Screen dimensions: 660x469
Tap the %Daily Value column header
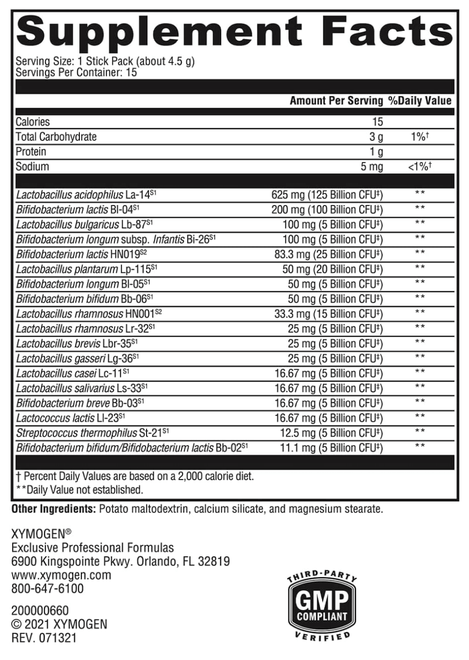click(x=420, y=101)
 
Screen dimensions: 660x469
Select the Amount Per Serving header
click(x=336, y=101)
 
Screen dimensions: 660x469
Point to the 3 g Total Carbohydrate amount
click(x=376, y=137)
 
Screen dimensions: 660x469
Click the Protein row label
click(x=31, y=152)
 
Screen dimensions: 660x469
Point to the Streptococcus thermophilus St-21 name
click(x=92, y=433)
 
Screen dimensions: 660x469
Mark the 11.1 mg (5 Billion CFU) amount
click(x=331, y=448)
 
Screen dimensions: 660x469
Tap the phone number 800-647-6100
click(x=47, y=589)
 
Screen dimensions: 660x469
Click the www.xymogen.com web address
click(x=61, y=575)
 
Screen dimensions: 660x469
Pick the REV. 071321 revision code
click(x=44, y=638)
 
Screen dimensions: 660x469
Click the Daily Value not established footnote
click(x=79, y=490)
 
